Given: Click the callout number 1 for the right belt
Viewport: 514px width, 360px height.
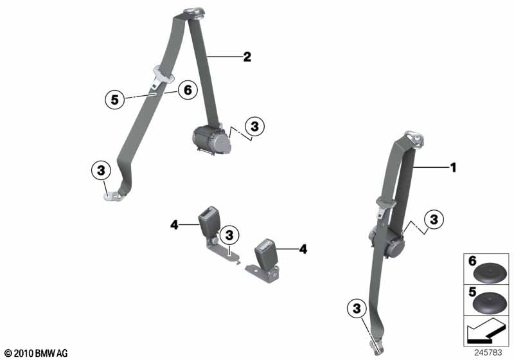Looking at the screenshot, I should tap(452, 168).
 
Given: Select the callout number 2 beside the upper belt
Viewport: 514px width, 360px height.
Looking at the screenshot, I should tap(247, 57).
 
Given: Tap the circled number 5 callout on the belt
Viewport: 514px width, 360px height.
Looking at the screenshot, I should tap(114, 100).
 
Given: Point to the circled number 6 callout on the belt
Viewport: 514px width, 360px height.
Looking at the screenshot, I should tap(187, 91).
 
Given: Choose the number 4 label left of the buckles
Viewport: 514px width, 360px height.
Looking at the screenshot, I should tap(173, 224).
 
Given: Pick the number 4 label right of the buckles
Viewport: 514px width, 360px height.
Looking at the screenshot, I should tap(303, 248).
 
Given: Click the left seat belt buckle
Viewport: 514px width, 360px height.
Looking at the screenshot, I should tap(209, 222).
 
